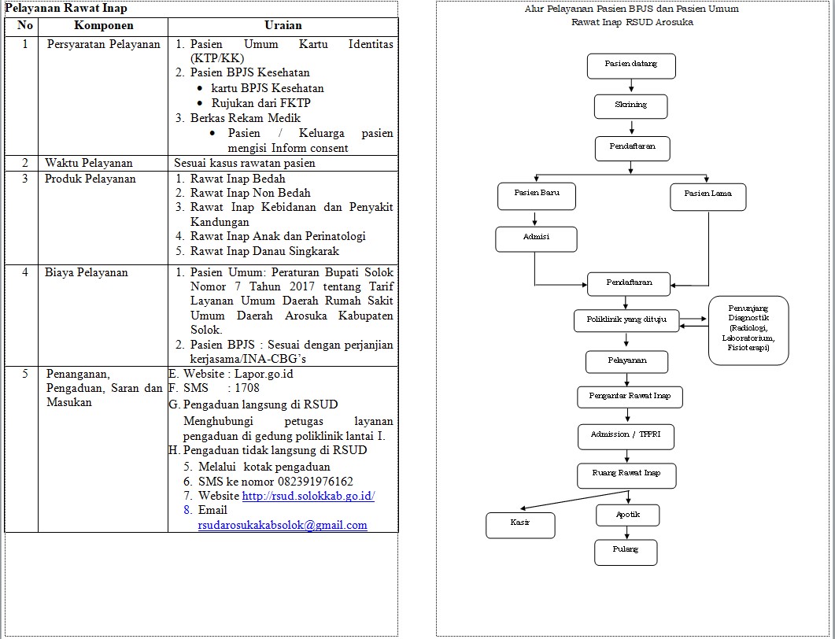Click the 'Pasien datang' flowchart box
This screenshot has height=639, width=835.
pos(631,66)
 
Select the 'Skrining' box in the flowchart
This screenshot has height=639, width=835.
pos(630,106)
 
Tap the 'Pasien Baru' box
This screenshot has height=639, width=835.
pos(536,196)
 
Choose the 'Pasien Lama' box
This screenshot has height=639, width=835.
pos(708,197)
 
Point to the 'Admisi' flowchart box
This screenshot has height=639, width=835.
pos(536,239)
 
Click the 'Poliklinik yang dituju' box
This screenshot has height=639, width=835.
pos(626,320)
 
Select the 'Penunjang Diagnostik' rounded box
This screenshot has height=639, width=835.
pos(748,331)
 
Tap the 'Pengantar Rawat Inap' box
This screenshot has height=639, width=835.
pos(630,397)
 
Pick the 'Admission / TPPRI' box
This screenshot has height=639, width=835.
pos(626,437)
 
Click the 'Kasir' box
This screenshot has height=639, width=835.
pos(520,525)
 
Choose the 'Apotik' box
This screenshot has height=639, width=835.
pos(628,515)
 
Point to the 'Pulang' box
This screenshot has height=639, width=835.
pos(626,552)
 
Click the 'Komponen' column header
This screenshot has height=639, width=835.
pos(103,25)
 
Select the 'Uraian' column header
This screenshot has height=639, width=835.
pos(283,25)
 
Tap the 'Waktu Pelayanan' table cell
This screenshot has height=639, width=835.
pos(88,163)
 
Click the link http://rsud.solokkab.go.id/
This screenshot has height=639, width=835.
pos(309,496)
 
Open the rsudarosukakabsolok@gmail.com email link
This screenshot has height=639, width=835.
pos(283,525)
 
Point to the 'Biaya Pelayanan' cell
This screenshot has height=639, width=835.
pos(87,272)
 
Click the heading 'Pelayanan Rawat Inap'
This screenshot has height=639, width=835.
pos(66,8)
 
